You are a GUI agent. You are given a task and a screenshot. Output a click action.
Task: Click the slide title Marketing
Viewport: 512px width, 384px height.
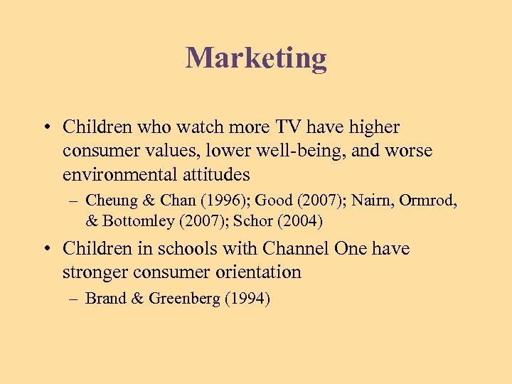(256, 58)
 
